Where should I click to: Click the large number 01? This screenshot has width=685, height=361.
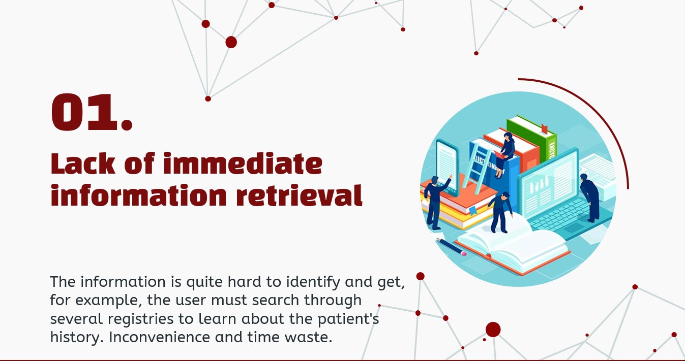92,112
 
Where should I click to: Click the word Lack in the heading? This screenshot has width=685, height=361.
83,163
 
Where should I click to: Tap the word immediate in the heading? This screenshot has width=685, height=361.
243,163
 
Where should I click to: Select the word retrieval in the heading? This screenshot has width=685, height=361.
300,195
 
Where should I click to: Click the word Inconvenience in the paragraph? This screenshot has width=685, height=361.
159,337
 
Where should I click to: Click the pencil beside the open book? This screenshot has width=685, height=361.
452,246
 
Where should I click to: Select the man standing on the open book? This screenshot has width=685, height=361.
500,212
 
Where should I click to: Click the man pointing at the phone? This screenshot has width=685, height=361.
436,202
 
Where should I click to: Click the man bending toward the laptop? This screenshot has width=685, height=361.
590,198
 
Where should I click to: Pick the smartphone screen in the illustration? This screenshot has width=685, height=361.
447,167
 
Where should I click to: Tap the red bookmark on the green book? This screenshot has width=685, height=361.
544,128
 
